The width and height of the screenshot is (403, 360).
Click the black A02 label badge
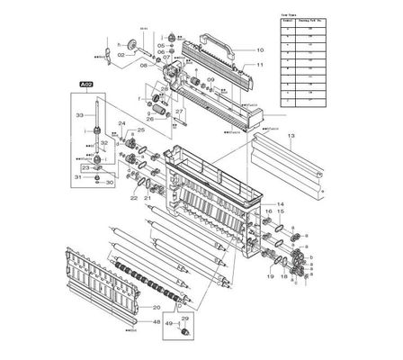point(85,83)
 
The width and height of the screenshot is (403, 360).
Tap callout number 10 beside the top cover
point(260,49)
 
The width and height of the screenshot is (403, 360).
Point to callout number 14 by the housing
point(282,204)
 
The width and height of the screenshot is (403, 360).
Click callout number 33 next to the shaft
point(79,115)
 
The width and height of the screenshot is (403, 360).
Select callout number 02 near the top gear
point(120,56)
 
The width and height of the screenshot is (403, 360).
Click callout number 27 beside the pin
point(179,112)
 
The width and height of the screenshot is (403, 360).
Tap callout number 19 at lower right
point(269,277)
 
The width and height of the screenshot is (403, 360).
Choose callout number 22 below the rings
point(132,196)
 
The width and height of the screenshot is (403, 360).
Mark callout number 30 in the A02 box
point(111,183)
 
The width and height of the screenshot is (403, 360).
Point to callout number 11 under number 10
point(260,66)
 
